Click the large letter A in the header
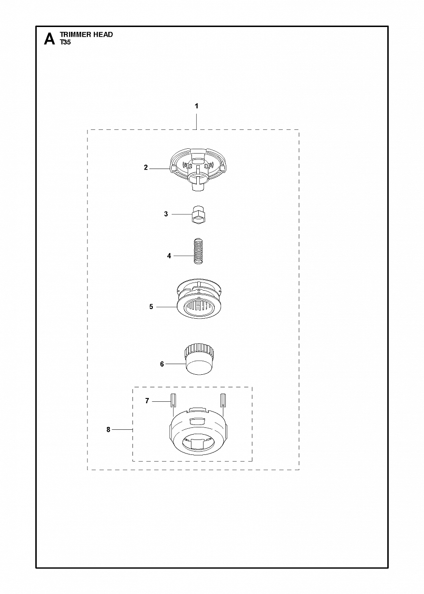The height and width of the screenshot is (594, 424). [49, 39]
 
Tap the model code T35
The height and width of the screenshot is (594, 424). [65, 42]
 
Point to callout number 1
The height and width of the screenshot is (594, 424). [196, 106]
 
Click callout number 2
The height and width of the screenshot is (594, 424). [146, 168]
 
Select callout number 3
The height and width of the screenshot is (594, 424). [166, 214]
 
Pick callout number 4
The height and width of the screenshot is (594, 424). [169, 256]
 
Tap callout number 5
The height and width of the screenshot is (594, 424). [151, 307]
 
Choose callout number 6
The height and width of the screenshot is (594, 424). [162, 364]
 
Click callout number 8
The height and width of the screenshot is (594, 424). [108, 430]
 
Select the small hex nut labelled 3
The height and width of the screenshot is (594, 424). [199, 214]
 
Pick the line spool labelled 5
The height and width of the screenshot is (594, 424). [199, 298]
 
